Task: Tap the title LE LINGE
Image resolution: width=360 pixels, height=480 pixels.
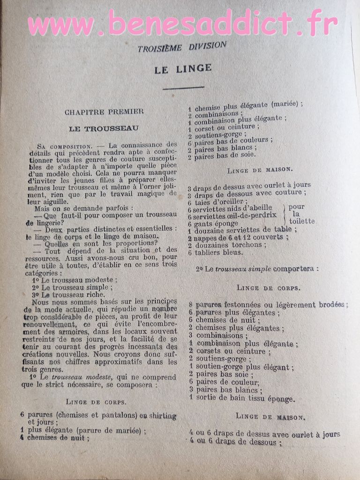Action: click(x=183, y=68)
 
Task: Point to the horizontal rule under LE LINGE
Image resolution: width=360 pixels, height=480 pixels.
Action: click(x=183, y=87)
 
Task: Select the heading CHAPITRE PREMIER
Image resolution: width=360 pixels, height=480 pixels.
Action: click(x=104, y=112)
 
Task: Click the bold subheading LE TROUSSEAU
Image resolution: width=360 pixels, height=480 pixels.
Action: click(x=104, y=128)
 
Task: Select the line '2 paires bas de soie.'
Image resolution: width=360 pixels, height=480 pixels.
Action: click(x=222, y=157)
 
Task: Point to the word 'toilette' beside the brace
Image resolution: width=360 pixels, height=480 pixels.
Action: click(x=302, y=221)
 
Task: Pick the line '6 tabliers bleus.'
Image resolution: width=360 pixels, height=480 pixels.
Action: click(x=215, y=252)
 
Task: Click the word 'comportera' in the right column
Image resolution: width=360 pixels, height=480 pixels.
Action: click(x=294, y=269)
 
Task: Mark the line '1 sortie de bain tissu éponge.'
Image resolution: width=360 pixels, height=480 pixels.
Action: click(x=242, y=398)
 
